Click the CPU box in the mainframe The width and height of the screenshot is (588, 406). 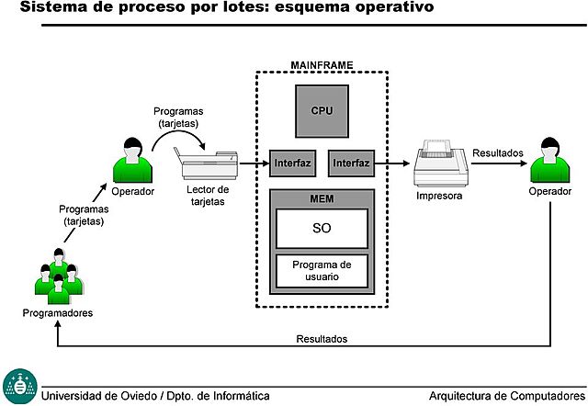point(321,109)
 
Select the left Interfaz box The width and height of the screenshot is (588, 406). point(293,164)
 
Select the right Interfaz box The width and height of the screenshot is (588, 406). point(351,164)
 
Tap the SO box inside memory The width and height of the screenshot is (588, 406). point(322,228)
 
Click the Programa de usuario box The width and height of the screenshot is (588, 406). point(322,270)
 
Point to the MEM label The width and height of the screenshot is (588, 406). point(322,197)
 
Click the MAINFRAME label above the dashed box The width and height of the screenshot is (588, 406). point(322,65)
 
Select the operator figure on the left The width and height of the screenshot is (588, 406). point(131,160)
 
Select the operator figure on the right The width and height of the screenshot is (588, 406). point(549,160)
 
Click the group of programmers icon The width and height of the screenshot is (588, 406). point(57,276)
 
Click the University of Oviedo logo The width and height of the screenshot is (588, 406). point(19,386)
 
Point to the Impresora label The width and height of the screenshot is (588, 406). point(438,196)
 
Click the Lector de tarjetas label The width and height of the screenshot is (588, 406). point(208,195)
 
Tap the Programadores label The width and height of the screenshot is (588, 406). point(58,312)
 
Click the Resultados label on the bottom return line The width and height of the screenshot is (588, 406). point(322,339)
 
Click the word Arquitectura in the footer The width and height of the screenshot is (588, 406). point(464,396)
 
